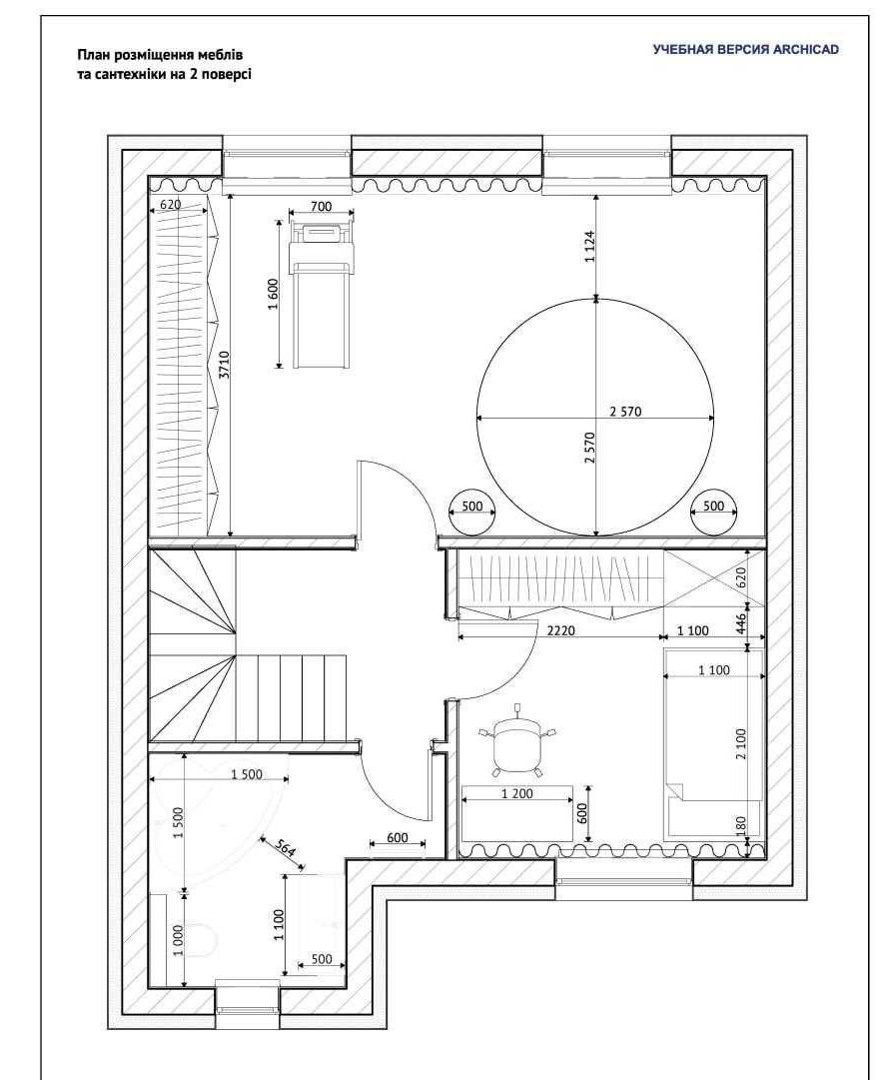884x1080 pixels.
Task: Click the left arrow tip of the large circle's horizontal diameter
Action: point(477,418)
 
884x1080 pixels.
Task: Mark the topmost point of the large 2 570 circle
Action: point(596,299)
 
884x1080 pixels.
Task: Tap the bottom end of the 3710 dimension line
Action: point(231,536)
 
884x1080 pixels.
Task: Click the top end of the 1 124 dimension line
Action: point(596,194)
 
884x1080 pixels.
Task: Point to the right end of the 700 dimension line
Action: point(354,214)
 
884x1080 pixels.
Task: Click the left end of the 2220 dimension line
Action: point(457,637)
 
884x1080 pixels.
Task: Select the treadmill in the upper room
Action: point(323,296)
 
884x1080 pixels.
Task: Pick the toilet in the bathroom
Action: point(202,939)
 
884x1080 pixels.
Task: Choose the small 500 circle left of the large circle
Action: point(472,514)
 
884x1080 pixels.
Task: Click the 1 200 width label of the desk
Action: point(517,793)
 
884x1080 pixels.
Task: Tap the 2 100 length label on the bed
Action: point(741,743)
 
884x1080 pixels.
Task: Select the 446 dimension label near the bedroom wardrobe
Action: point(741,624)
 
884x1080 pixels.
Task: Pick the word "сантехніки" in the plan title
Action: point(123,74)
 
